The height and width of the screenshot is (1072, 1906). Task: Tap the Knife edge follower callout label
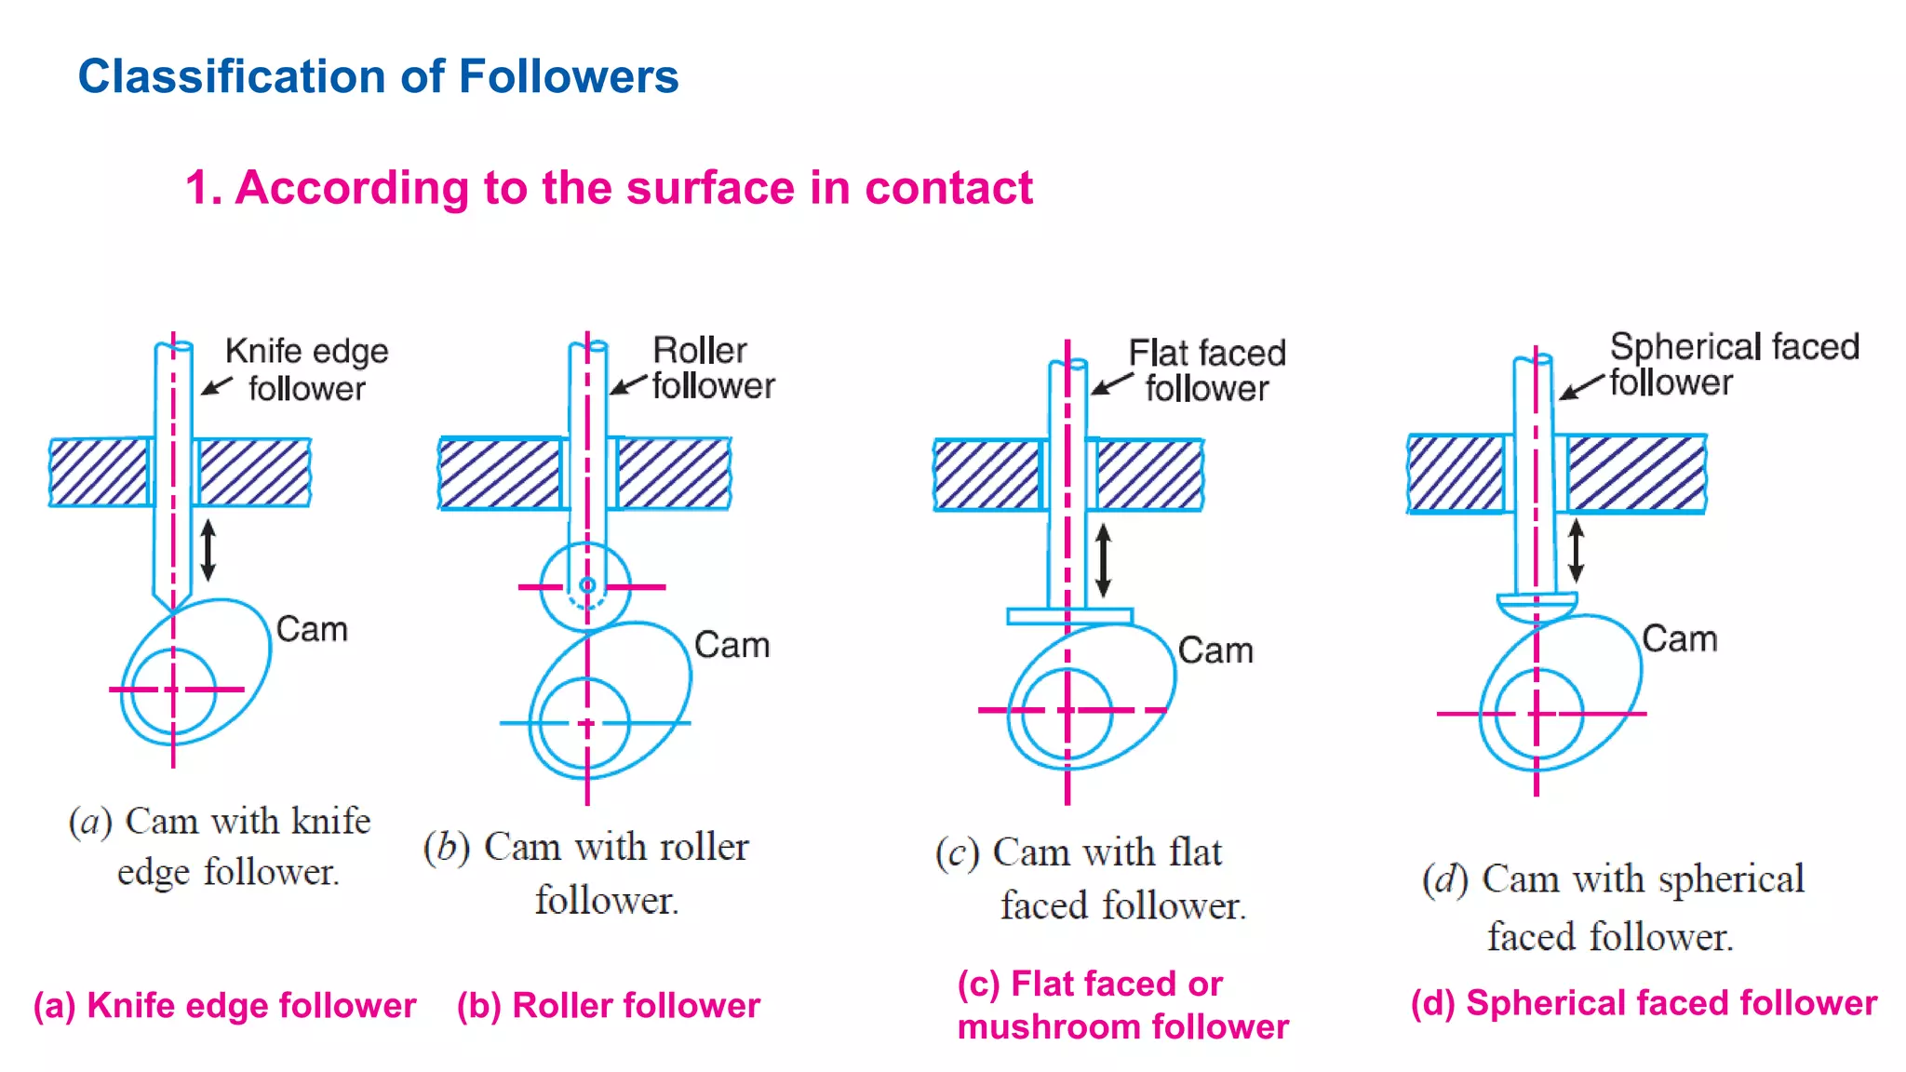click(306, 369)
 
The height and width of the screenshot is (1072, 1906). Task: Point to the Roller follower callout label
click(713, 368)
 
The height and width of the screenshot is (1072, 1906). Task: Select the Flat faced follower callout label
click(1207, 370)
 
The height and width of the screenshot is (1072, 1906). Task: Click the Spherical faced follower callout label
click(1734, 364)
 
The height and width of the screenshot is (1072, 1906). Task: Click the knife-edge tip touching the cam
click(173, 609)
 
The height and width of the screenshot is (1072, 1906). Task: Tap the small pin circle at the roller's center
click(587, 585)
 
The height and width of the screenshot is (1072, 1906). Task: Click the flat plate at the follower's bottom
click(1069, 616)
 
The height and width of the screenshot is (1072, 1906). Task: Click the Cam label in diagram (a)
click(312, 630)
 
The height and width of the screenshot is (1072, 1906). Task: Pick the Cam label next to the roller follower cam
click(732, 646)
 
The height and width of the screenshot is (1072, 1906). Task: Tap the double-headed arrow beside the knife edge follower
click(208, 550)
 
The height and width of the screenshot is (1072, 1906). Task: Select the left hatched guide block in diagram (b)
click(500, 475)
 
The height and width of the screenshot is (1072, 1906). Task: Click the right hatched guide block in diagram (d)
click(1636, 474)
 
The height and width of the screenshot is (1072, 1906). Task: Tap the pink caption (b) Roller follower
click(609, 1006)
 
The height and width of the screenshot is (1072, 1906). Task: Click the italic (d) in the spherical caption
click(1444, 879)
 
